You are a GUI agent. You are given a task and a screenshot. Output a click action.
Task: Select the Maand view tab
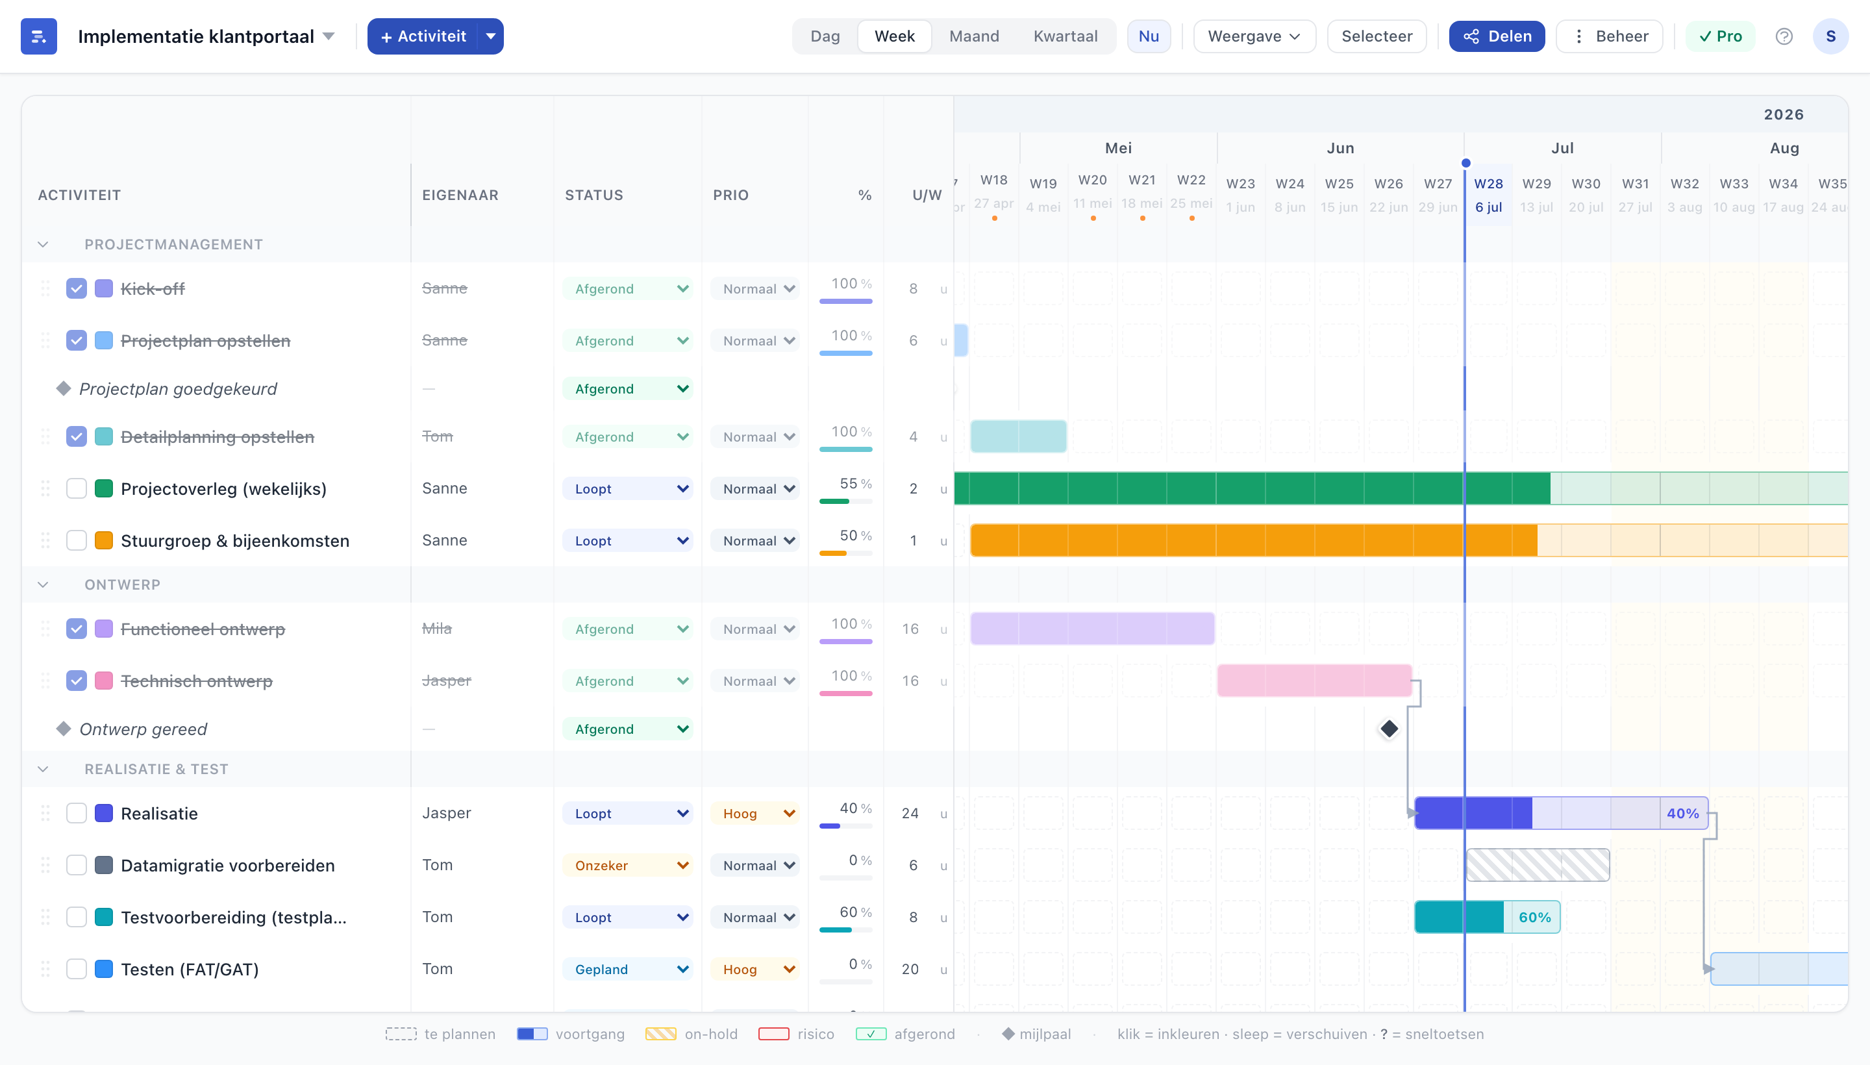(973, 36)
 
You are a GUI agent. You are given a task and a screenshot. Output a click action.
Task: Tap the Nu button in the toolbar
(1148, 36)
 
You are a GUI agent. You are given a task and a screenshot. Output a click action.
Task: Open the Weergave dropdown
(1254, 36)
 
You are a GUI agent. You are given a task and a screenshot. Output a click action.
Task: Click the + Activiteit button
(423, 36)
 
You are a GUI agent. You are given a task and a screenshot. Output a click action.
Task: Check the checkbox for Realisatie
(76, 814)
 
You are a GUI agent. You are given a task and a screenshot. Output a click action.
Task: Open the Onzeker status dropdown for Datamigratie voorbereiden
(627, 865)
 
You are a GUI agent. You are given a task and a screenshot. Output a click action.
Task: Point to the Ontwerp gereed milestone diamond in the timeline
(1389, 729)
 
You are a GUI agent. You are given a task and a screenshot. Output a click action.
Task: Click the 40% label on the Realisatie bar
(1682, 814)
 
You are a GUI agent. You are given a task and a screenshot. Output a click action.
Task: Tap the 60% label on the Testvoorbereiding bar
(1534, 917)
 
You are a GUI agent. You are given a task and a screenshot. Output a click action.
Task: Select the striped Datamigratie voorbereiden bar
(1538, 865)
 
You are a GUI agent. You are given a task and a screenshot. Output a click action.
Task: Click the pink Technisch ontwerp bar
(1314, 681)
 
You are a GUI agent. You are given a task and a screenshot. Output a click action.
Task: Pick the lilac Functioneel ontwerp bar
(1092, 629)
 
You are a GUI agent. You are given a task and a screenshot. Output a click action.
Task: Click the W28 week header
(1488, 184)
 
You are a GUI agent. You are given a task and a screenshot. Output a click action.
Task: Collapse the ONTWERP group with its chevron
(43, 584)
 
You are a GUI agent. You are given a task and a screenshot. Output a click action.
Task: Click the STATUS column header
(594, 195)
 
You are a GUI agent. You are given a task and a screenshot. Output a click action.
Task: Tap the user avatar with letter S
(1830, 36)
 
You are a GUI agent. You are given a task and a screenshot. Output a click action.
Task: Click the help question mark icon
(1784, 36)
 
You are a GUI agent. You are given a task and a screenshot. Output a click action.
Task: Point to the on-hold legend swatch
(660, 1034)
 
